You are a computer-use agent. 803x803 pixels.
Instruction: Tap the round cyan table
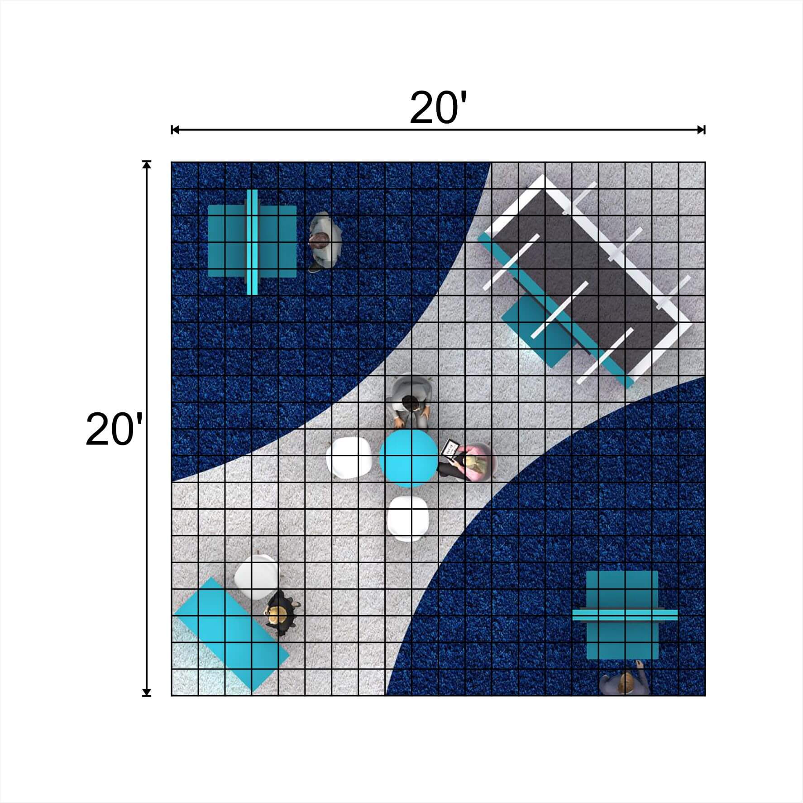click(408, 458)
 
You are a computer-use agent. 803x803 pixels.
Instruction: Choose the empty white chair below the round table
click(408, 519)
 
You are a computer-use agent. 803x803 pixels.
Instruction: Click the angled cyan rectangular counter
click(231, 636)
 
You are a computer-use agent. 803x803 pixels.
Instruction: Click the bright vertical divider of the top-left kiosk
click(253, 242)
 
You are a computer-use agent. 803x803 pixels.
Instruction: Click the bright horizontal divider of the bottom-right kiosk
click(625, 614)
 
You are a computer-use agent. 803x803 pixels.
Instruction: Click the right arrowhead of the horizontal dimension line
click(701, 130)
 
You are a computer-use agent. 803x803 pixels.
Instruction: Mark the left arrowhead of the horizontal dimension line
click(175, 130)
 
